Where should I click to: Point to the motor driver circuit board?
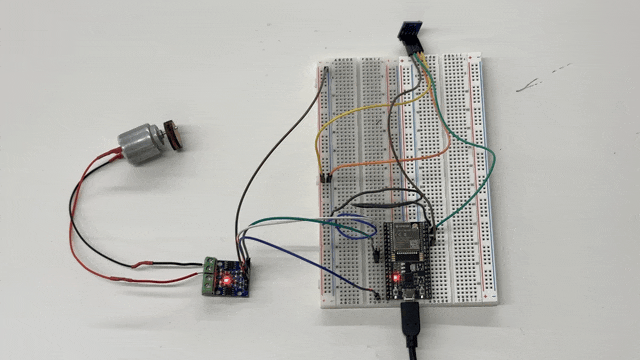tap(231, 276)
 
